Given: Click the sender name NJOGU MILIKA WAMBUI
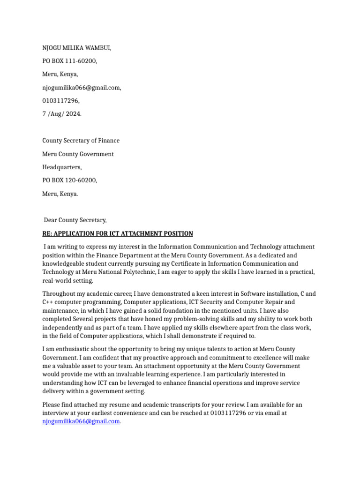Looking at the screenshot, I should (77, 48).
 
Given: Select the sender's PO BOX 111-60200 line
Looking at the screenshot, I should (70, 61).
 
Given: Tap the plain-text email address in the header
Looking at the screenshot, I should (82, 88).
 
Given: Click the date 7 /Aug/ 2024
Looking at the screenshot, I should (62, 114).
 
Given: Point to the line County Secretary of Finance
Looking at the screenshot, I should (81, 141).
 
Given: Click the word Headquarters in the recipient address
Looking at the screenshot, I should (62, 167).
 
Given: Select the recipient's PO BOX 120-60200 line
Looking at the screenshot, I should (70, 180).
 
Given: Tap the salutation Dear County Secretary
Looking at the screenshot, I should (75, 220).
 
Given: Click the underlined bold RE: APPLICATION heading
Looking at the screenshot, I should (118, 233).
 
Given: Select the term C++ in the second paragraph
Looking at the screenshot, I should (48, 302).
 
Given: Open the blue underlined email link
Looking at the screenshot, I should (81, 421).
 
